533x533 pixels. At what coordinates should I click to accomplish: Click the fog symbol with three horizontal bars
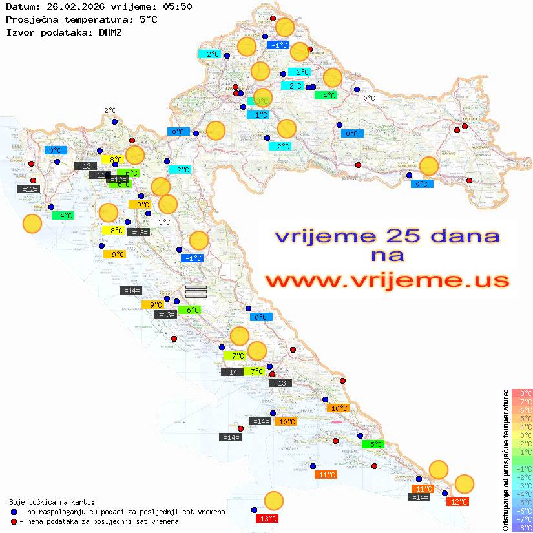(196, 291)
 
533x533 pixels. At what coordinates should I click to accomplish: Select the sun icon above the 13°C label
(274, 501)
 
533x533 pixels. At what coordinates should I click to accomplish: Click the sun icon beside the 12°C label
(464, 483)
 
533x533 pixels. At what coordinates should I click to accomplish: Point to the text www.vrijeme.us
(386, 281)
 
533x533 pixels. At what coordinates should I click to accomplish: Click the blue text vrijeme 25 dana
(386, 236)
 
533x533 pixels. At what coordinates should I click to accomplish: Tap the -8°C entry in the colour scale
(522, 527)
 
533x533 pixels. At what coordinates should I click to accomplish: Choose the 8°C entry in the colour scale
(522, 393)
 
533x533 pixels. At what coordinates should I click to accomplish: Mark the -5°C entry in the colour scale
(522, 502)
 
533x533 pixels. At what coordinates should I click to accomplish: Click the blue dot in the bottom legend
(14, 512)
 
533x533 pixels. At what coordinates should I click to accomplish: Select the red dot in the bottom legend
(14, 521)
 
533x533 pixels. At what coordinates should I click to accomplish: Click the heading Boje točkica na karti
(52, 502)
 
